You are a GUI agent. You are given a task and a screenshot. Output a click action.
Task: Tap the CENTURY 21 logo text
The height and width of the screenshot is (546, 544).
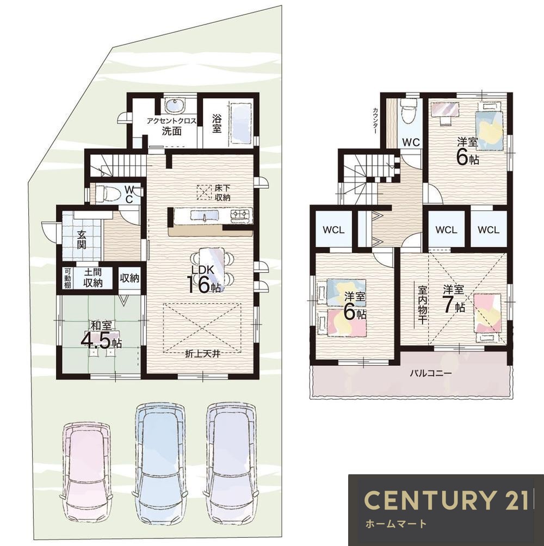click(x=447, y=500)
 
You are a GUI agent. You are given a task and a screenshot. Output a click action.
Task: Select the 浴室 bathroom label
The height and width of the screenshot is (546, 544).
click(x=217, y=123)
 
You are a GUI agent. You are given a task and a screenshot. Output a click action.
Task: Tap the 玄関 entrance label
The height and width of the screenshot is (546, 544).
click(x=82, y=239)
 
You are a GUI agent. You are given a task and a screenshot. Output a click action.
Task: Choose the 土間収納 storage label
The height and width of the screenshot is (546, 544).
click(x=92, y=278)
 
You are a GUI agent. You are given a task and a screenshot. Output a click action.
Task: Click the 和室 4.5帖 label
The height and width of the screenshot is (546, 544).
click(x=101, y=335)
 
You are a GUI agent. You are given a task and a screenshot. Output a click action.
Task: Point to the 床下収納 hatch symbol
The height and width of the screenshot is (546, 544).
click(x=205, y=192)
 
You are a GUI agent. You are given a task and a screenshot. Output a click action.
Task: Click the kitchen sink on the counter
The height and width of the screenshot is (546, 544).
click(x=205, y=215)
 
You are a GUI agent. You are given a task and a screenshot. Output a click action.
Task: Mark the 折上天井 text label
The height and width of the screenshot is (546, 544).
click(x=202, y=354)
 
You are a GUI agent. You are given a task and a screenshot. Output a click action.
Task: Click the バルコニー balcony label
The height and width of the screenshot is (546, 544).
click(x=431, y=373)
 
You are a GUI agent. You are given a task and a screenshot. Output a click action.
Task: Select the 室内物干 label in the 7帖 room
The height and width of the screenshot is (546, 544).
click(x=423, y=305)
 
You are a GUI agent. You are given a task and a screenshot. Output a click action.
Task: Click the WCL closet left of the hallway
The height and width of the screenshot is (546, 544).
click(x=333, y=230)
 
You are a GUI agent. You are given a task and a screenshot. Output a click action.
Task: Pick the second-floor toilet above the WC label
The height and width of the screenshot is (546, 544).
click(x=409, y=110)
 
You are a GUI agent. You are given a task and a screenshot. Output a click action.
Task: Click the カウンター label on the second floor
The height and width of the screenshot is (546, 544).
click(x=375, y=121)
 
